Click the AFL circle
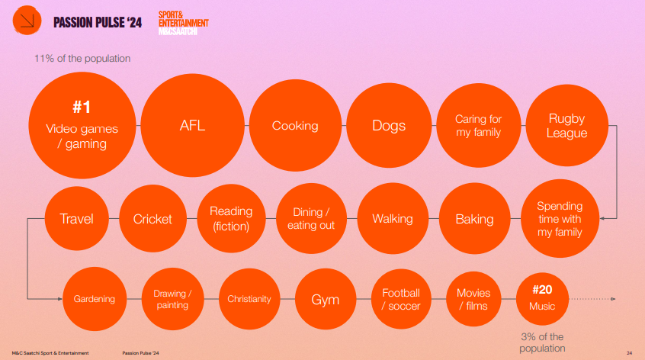193,126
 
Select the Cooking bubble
295,126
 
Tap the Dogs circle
389,126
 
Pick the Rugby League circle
566,126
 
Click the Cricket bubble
152,218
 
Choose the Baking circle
475,218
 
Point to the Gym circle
326,299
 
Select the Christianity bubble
249,299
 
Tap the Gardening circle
95,299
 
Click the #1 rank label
82,108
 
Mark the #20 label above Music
542,290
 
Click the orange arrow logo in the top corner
27,20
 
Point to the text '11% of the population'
82,59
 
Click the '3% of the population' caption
542,342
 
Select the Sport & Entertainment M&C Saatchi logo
184,23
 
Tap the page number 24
629,353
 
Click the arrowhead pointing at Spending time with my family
602,218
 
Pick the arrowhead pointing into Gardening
59,299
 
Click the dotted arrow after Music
592,299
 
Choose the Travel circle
76,218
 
